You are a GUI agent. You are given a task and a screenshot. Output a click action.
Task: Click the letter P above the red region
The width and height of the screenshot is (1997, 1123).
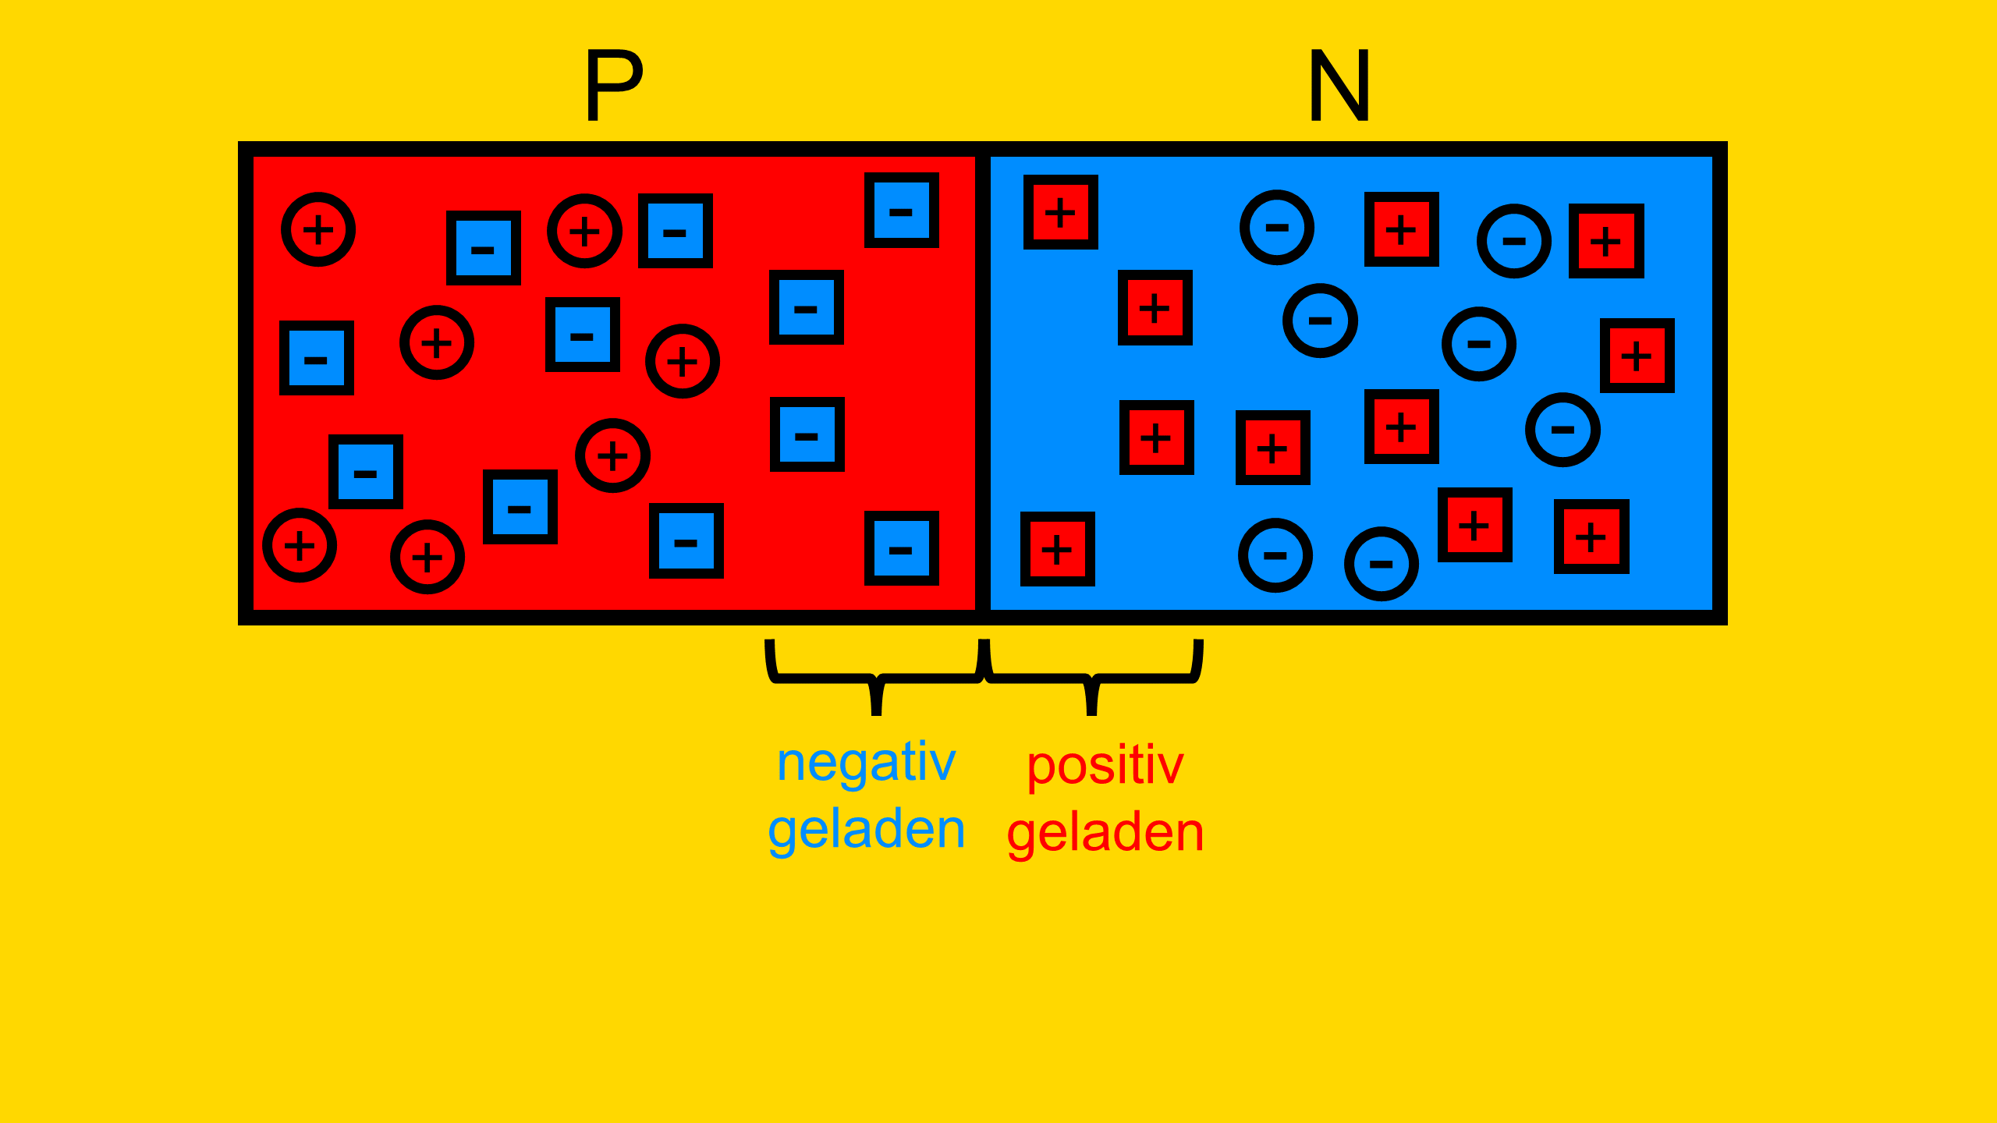pos(614,85)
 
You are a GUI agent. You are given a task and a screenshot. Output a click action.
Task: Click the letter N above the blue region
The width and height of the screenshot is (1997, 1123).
pos(1339,85)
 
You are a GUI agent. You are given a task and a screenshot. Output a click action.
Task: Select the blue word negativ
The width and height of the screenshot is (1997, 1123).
pos(866,763)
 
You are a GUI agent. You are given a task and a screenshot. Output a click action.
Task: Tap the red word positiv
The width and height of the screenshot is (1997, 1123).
pos(1105,766)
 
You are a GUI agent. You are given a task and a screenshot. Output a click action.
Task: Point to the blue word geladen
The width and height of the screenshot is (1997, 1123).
pos(867,830)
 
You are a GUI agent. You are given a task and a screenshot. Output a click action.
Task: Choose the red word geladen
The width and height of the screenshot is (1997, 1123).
pos(1105,833)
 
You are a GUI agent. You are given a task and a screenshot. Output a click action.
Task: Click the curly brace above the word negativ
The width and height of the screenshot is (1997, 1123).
pos(876,678)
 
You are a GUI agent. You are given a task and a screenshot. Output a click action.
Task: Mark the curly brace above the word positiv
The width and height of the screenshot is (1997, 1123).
pos(1092,678)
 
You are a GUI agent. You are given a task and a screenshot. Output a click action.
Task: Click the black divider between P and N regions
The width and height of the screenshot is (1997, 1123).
pos(983,383)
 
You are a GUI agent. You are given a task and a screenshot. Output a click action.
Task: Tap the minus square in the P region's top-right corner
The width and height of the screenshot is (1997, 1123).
pos(902,211)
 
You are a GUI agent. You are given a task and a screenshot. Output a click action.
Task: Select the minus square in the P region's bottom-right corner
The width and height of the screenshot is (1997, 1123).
pos(902,548)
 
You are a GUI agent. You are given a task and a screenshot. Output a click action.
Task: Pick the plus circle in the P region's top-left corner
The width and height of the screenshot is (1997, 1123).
pos(318,229)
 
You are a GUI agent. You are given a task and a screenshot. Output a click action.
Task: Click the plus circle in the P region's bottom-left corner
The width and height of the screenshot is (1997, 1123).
pos(300,545)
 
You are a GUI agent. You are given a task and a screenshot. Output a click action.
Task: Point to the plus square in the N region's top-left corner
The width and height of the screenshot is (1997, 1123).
pos(1061,212)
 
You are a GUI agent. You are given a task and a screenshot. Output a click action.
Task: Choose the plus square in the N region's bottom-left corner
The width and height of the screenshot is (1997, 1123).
pos(1058,549)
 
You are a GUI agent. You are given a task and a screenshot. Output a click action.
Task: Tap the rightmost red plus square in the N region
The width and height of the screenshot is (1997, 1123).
pos(1637,356)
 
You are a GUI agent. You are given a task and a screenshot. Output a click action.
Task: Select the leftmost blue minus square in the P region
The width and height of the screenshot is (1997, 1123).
pos(317,358)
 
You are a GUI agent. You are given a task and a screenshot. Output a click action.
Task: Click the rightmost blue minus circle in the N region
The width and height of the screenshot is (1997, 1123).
pos(1563,430)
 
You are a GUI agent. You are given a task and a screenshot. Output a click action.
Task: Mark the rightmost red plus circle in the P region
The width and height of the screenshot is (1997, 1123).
pos(683,361)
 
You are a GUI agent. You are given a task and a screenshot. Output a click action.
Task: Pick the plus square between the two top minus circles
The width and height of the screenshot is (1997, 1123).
pos(1402,229)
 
